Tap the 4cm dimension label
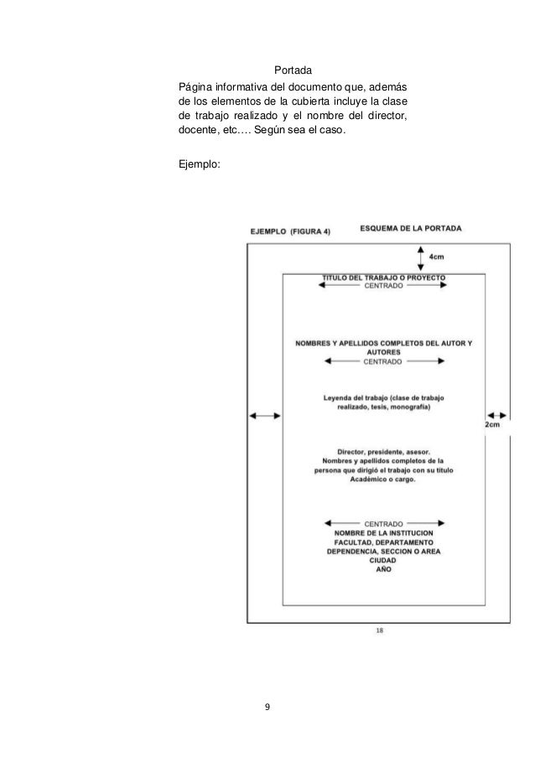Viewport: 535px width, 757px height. [x=436, y=257]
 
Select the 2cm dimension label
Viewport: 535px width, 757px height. [x=493, y=427]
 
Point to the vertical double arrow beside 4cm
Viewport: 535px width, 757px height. [x=420, y=257]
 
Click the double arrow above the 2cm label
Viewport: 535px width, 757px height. [x=496, y=415]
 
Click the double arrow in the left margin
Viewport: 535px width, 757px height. [x=264, y=415]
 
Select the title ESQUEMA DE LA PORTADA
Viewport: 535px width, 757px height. [x=410, y=228]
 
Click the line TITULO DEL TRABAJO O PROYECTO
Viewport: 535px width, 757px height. [x=384, y=277]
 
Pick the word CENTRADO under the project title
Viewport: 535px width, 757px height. [x=383, y=286]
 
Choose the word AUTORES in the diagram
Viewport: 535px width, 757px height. [x=383, y=353]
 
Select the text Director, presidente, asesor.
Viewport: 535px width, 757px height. [x=383, y=451]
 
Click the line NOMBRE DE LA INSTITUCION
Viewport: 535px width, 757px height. [x=383, y=532]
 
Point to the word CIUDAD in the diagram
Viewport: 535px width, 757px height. [x=383, y=561]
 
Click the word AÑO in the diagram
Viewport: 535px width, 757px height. [x=383, y=570]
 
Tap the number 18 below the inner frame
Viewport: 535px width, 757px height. [x=380, y=631]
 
